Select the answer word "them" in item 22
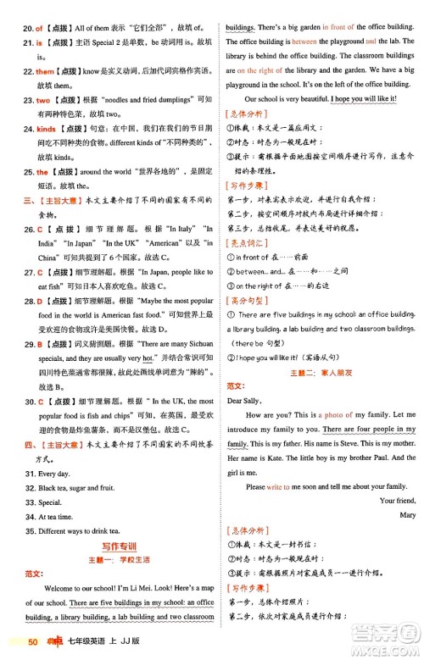44,71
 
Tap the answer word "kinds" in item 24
46,129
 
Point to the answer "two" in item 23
43,100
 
